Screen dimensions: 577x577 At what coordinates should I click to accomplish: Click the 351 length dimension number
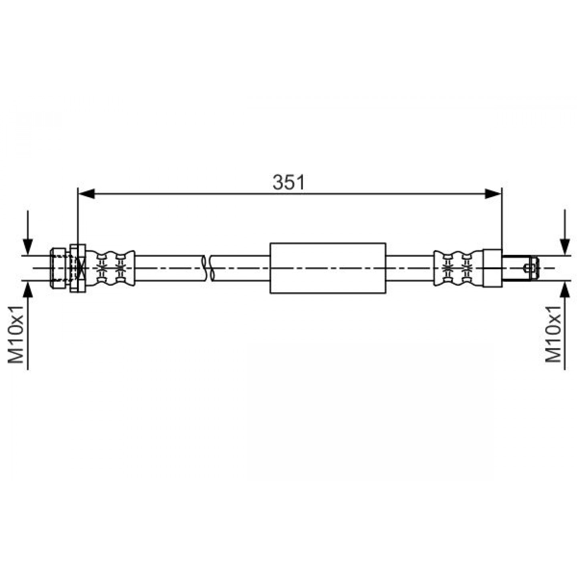click(288, 182)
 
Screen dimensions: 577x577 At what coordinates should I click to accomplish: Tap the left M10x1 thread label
click(16, 335)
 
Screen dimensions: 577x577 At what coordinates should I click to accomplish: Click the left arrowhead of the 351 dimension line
click(86, 194)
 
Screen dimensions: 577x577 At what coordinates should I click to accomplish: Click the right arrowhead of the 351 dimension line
click(493, 194)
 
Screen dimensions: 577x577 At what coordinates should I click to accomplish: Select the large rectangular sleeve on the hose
click(328, 268)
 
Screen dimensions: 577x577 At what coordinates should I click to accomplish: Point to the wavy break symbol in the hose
click(208, 268)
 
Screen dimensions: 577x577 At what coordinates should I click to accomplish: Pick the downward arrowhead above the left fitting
click(28, 247)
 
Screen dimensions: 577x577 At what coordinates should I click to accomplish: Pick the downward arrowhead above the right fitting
click(565, 247)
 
